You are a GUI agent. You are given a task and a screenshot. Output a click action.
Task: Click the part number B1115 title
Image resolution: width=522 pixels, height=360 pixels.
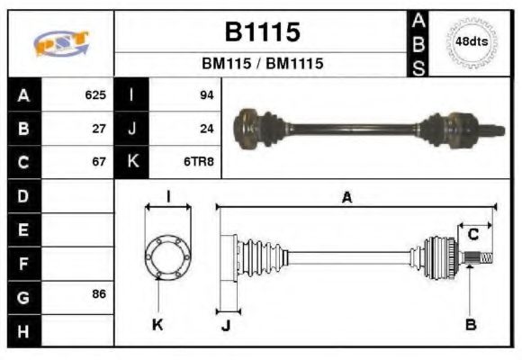pyautogui.click(x=262, y=33)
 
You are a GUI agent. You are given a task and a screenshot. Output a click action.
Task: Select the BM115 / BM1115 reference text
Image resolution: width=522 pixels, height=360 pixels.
pyautogui.click(x=262, y=64)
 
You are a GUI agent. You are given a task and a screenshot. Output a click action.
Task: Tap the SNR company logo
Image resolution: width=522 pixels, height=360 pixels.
pyautogui.click(x=60, y=43)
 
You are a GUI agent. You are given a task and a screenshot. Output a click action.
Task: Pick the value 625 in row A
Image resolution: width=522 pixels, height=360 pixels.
pyautogui.click(x=95, y=94)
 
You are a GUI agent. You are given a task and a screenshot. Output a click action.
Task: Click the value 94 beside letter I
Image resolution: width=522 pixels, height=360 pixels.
pyautogui.click(x=206, y=94)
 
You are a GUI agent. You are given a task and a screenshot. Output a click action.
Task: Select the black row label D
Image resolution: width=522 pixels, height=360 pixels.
pyautogui.click(x=23, y=195)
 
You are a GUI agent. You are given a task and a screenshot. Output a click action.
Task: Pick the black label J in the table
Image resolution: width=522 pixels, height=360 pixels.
pyautogui.click(x=131, y=129)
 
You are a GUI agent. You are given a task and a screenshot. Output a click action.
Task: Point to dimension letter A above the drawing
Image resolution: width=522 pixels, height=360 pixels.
pyautogui.click(x=346, y=197)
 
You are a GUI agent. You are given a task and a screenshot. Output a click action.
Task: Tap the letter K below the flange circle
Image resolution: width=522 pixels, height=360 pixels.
pyautogui.click(x=157, y=324)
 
